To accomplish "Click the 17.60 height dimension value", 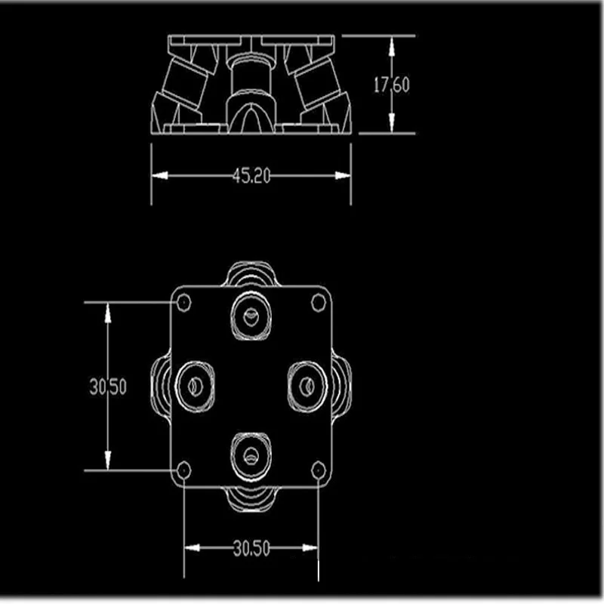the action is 392,84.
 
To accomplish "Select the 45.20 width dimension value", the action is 252,176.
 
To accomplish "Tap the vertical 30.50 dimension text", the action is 108,387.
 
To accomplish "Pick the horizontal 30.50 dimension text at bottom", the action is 251,549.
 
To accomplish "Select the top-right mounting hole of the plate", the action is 319,302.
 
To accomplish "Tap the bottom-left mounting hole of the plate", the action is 183,470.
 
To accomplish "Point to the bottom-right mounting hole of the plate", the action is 319,471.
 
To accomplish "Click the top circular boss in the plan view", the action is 251,315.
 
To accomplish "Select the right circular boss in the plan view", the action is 307,387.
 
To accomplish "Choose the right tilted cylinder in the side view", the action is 311,83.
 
